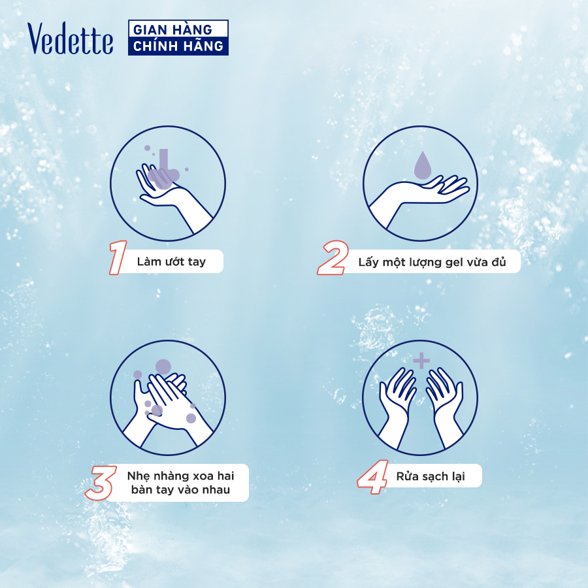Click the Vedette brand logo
point(70,39)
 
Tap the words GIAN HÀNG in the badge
point(172,29)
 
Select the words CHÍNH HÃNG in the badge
point(178,46)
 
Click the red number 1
point(118,257)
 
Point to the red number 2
point(333,257)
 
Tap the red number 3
point(101,483)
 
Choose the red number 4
point(373,477)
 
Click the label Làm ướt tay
point(171,261)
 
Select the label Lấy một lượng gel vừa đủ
point(432,262)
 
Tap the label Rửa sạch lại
point(431,476)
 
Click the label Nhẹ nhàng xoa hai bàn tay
point(180,483)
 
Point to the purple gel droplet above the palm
point(423,165)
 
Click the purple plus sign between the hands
point(421,361)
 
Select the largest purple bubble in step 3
point(163,367)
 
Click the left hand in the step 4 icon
point(396,407)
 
